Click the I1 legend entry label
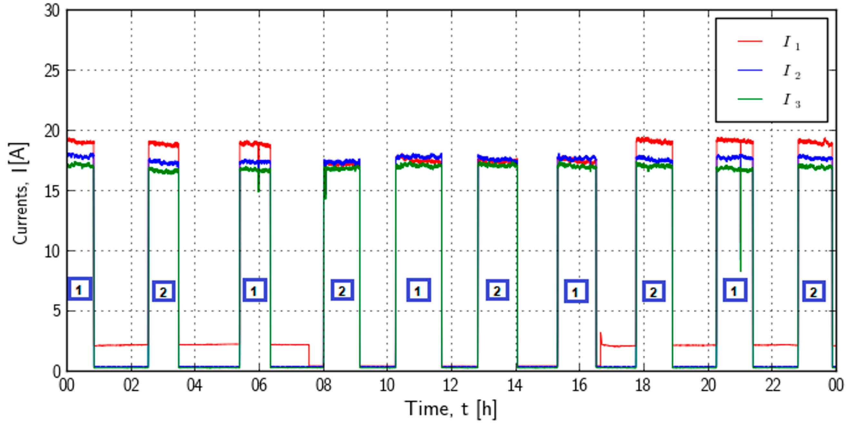(x=791, y=43)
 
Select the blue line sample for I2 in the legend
(x=750, y=70)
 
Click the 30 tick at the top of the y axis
(x=52, y=11)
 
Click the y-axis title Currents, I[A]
(x=21, y=194)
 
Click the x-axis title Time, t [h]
(x=451, y=409)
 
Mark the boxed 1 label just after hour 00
(x=80, y=289)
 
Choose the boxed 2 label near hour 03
(x=164, y=292)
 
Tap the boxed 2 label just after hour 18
(x=653, y=292)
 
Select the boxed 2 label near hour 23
(x=814, y=292)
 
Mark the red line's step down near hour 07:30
(x=309, y=355)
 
